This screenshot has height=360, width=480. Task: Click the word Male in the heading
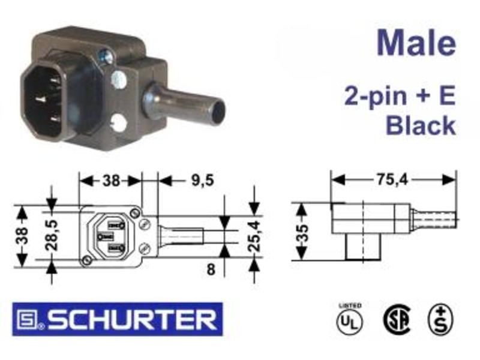(416, 43)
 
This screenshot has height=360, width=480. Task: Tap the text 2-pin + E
(400, 95)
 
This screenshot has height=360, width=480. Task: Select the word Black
(421, 125)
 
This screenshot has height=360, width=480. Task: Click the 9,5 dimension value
(202, 180)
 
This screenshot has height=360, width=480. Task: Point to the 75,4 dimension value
(392, 179)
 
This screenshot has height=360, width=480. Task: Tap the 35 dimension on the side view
(302, 233)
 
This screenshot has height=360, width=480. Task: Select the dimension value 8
(211, 269)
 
